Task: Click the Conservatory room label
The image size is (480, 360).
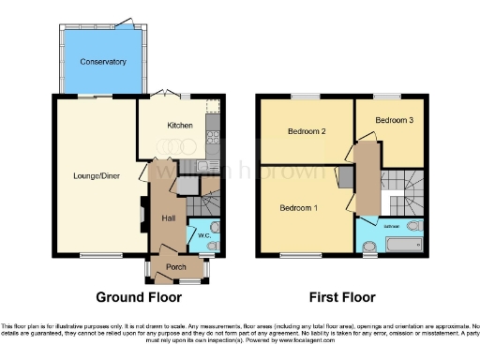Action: [103, 62]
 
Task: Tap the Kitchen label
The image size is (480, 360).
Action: [180, 125]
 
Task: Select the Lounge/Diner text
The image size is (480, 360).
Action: [97, 174]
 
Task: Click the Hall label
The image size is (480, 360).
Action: [169, 218]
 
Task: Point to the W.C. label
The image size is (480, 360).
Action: [202, 233]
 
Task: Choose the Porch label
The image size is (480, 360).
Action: [175, 266]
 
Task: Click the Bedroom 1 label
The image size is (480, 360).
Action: [298, 208]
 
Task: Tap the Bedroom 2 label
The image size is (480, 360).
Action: [306, 131]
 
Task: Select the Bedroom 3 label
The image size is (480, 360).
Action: [395, 120]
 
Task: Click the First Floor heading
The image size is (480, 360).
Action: [338, 297]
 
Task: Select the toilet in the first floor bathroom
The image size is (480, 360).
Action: [370, 247]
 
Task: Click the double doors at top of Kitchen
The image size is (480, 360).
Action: [170, 94]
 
